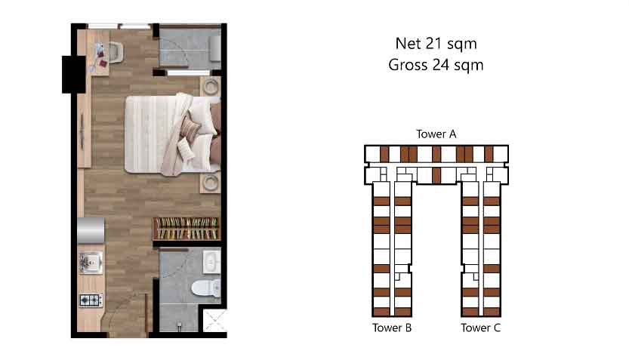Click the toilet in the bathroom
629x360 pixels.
coord(206,288)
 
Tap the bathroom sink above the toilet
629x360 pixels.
coord(211,261)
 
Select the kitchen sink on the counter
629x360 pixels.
coord(91,263)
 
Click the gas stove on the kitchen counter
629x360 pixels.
coord(91,300)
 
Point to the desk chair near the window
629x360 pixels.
coord(115,52)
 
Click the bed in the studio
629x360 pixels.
coord(172,134)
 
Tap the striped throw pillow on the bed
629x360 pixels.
coord(190,128)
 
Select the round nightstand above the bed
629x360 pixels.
coord(211,86)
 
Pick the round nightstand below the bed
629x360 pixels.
coord(211,183)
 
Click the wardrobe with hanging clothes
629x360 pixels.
coord(187,229)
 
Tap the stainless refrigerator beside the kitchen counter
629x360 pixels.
coord(91,230)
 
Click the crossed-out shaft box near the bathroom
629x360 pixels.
coord(215,320)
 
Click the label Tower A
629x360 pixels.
coord(436,134)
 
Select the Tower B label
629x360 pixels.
coord(392,328)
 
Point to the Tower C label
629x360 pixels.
coord(480,328)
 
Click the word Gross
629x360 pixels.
coord(408,65)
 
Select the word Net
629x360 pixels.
coord(408,44)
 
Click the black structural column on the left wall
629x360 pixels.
coord(73,75)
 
